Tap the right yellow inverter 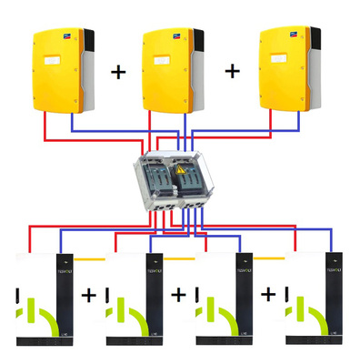(x=287, y=72)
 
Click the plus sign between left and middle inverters (x=119, y=72)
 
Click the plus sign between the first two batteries (x=88, y=296)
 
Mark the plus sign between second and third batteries (x=178, y=296)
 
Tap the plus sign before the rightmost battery (x=268, y=296)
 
